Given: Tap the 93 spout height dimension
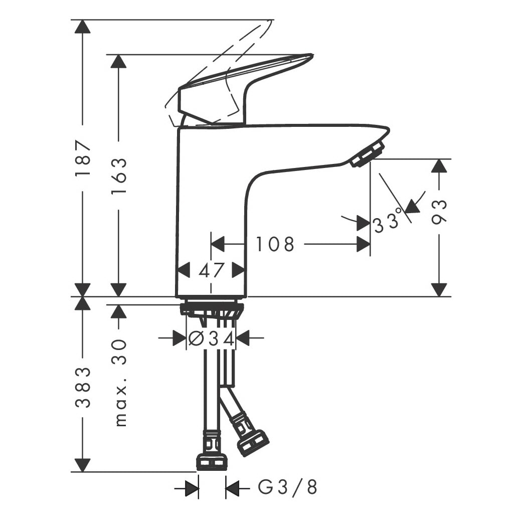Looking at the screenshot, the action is (x=439, y=212).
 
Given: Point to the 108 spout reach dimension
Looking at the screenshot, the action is (x=275, y=244).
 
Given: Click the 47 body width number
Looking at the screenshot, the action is (x=212, y=270).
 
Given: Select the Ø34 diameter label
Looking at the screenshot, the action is (x=212, y=338).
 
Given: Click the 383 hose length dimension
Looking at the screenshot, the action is (x=83, y=387).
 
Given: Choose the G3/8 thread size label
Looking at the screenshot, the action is (x=287, y=487).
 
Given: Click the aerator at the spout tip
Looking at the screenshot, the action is (x=368, y=154).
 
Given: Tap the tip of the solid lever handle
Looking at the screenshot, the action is (x=312, y=55).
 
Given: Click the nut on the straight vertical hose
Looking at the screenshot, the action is (x=212, y=461).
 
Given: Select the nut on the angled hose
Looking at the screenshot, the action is (x=254, y=443).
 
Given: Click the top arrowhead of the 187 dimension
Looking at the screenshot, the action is (x=83, y=27).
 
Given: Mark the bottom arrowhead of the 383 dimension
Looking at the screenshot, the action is (x=83, y=465).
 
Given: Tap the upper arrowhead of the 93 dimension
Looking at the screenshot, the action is (x=439, y=166).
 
